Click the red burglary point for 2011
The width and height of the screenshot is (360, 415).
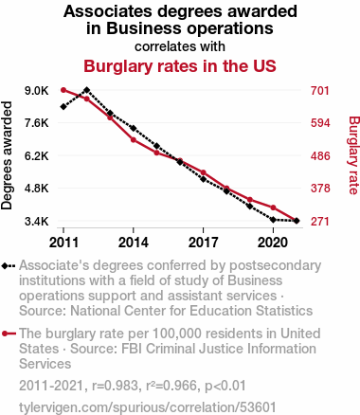(x=63, y=90)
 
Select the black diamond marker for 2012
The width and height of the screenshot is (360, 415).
(x=87, y=90)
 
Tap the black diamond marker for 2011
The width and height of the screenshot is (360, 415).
(x=63, y=107)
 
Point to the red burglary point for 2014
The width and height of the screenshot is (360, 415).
(x=134, y=139)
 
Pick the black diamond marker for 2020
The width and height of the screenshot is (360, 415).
(x=273, y=220)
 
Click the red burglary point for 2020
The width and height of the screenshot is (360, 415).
(x=273, y=207)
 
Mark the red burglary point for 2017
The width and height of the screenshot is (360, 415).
(x=204, y=172)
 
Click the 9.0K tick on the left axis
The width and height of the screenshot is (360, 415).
(x=37, y=91)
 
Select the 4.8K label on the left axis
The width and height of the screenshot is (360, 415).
(x=37, y=189)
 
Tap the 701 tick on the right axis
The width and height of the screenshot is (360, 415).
(x=320, y=91)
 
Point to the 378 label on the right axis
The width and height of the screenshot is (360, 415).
(x=320, y=189)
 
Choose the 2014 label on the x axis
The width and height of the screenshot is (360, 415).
(x=134, y=243)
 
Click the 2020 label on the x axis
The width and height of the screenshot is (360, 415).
(x=273, y=243)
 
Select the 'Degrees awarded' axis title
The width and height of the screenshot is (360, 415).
(x=7, y=155)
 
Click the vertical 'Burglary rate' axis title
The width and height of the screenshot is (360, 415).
(x=353, y=155)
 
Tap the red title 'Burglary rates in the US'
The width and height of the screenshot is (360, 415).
(x=180, y=66)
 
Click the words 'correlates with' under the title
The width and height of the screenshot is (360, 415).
(x=180, y=46)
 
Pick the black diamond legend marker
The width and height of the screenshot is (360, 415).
(x=9, y=266)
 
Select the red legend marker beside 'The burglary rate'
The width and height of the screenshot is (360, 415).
(x=9, y=334)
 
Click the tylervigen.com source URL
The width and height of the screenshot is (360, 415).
(x=148, y=407)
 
